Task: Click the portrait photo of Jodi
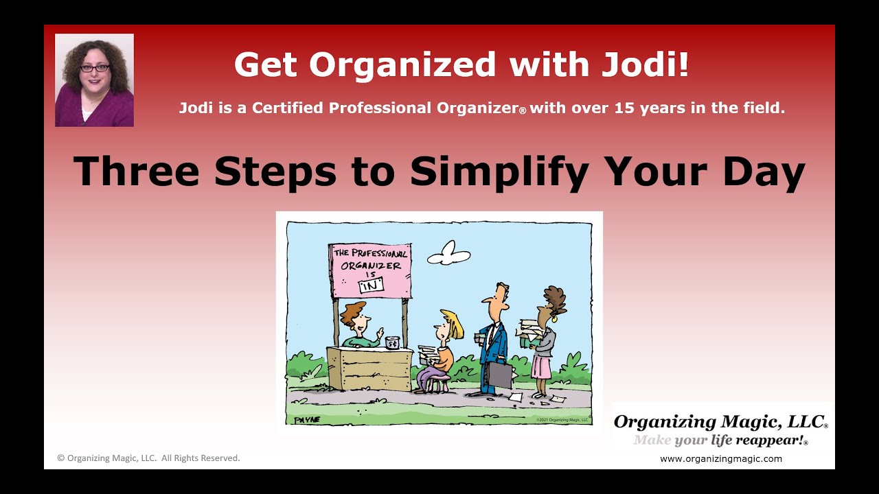coord(94,80)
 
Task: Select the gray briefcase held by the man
coord(499,375)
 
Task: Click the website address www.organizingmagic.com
coord(720,459)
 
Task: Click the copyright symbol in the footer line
coord(60,458)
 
